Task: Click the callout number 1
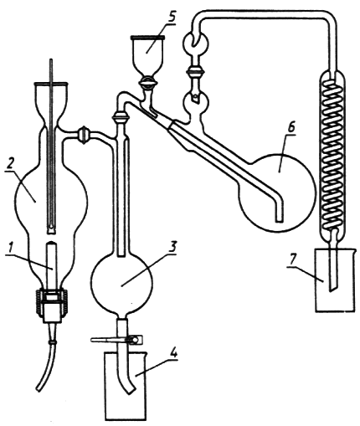click(x=11, y=248)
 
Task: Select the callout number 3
click(x=173, y=247)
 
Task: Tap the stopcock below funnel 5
click(x=148, y=83)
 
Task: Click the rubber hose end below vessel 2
click(x=39, y=388)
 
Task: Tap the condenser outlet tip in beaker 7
click(x=333, y=287)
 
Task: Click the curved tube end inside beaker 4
click(x=129, y=390)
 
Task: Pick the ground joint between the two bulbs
click(x=195, y=72)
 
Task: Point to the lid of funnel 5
click(x=148, y=37)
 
